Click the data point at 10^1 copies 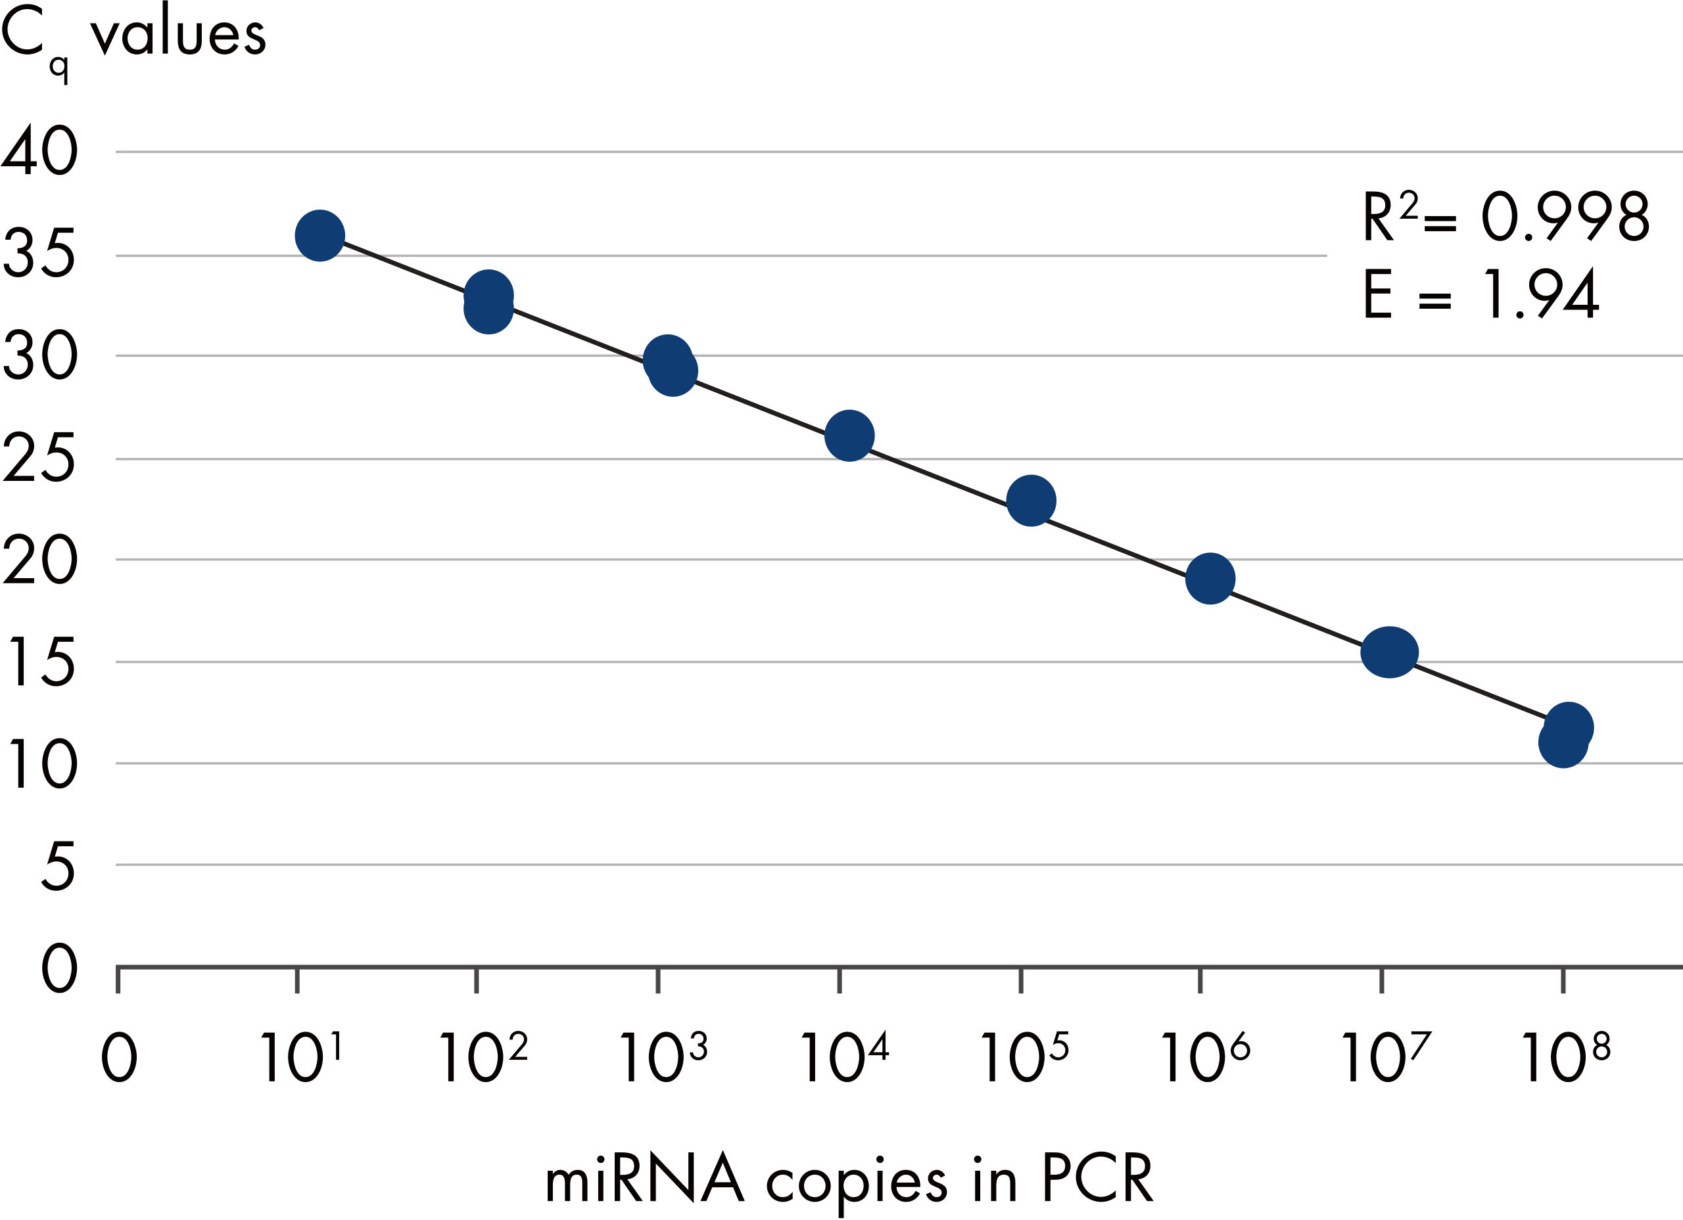click(x=320, y=235)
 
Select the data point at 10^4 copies click(x=849, y=436)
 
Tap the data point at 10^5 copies click(x=1031, y=501)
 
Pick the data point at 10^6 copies click(x=1210, y=579)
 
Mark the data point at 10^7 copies click(x=1389, y=652)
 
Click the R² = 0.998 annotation click(x=1505, y=217)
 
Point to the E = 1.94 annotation click(x=1481, y=294)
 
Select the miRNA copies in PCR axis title click(x=849, y=1179)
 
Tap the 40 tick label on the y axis click(x=40, y=150)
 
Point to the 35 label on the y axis click(x=40, y=254)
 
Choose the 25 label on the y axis click(x=40, y=459)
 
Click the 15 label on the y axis click(x=41, y=662)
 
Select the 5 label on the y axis click(x=58, y=865)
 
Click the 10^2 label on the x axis click(x=483, y=1057)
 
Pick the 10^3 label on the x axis click(x=663, y=1057)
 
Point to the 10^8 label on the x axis click(x=1566, y=1057)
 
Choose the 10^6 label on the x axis click(x=1205, y=1057)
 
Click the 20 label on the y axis click(x=40, y=559)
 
